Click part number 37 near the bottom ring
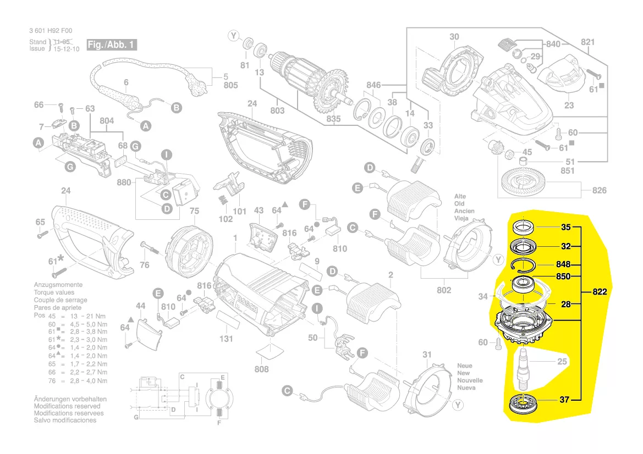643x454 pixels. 564,400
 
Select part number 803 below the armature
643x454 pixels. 277,111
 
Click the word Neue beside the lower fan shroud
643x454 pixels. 465,366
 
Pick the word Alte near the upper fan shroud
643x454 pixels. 460,196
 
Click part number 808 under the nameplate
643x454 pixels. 262,369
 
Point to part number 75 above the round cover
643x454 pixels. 194,211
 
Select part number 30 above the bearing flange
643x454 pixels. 454,37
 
